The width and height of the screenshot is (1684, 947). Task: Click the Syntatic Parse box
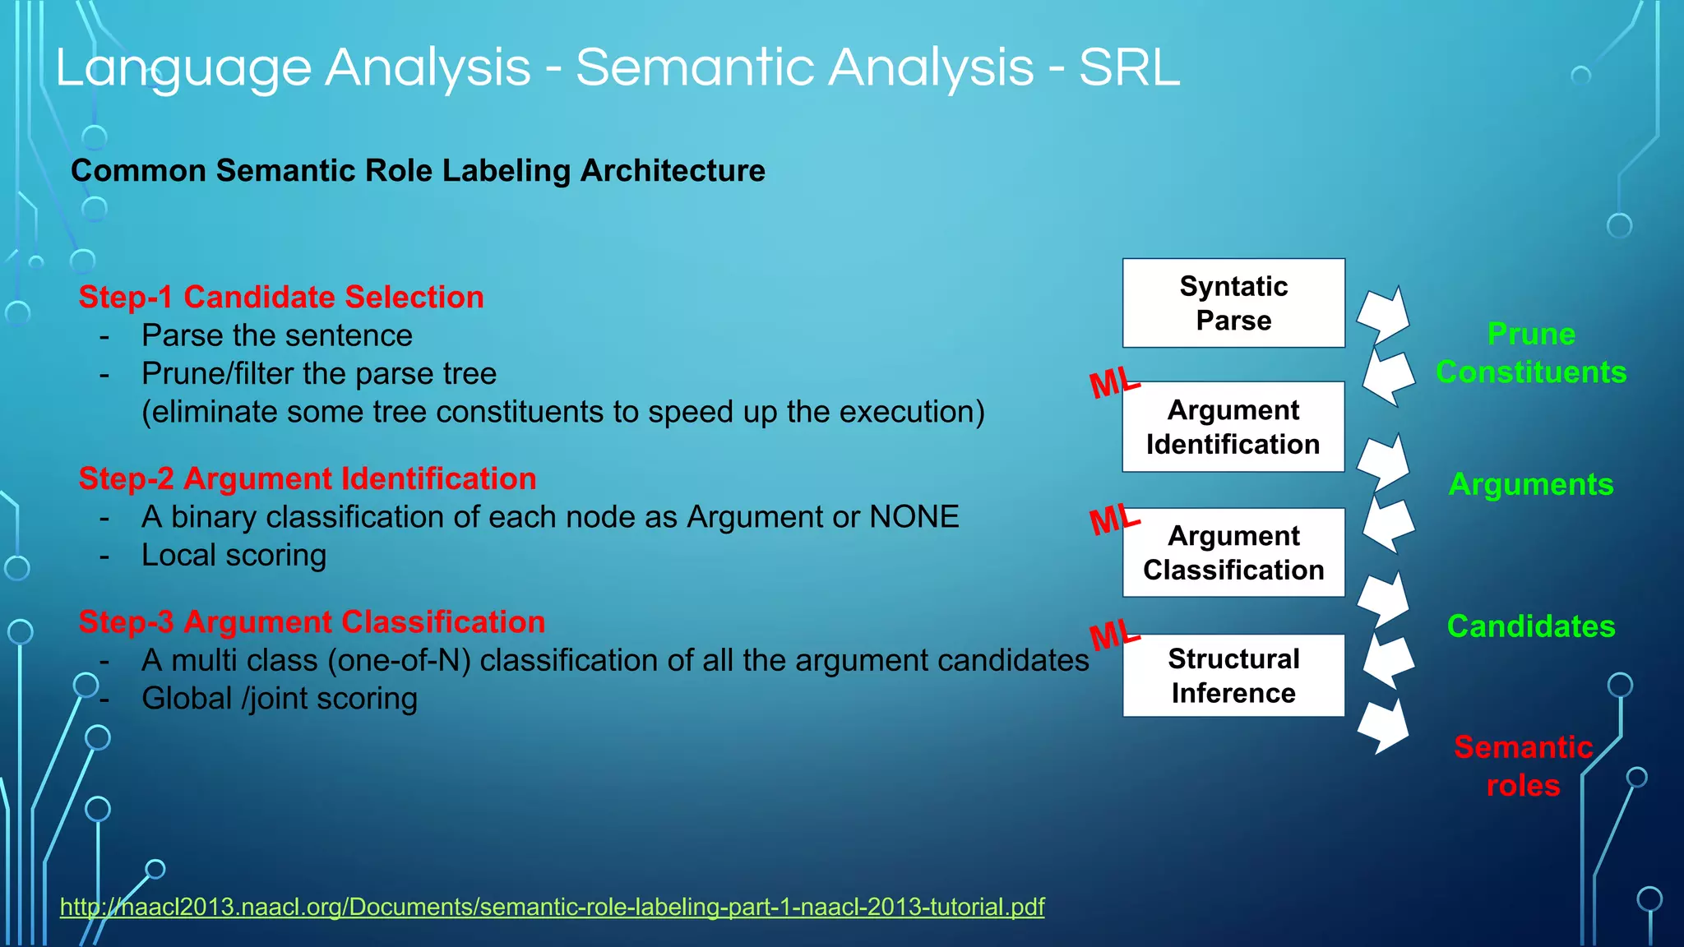coord(1233,303)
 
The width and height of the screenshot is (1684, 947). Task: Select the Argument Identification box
coord(1233,427)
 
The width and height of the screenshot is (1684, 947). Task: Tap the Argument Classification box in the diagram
coord(1233,552)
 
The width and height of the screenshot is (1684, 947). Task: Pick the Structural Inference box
coord(1233,676)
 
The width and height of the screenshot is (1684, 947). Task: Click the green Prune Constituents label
coord(1531,353)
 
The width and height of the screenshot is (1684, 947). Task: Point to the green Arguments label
coord(1531,484)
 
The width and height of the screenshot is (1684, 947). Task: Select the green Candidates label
coord(1531,626)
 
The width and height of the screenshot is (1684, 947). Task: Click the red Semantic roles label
coord(1523,766)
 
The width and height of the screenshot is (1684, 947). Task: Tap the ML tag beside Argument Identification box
coord(1114,383)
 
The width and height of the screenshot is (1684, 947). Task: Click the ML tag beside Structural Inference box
coord(1114,635)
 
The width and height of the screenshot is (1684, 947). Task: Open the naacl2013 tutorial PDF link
coord(552,907)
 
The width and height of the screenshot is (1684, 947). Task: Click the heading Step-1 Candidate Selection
coord(281,297)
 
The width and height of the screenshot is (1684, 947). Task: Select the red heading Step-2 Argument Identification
coord(308,478)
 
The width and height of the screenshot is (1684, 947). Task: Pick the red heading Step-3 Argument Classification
coord(312,622)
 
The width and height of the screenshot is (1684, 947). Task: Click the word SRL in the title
coord(1129,67)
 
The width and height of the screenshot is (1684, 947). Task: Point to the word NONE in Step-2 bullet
coord(914,517)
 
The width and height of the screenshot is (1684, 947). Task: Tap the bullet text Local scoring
coord(234,556)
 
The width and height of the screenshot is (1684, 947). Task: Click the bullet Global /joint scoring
coord(280,699)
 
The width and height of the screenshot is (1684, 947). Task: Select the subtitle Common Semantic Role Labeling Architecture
coord(418,171)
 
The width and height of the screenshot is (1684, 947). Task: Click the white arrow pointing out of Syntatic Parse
coord(1383,316)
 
